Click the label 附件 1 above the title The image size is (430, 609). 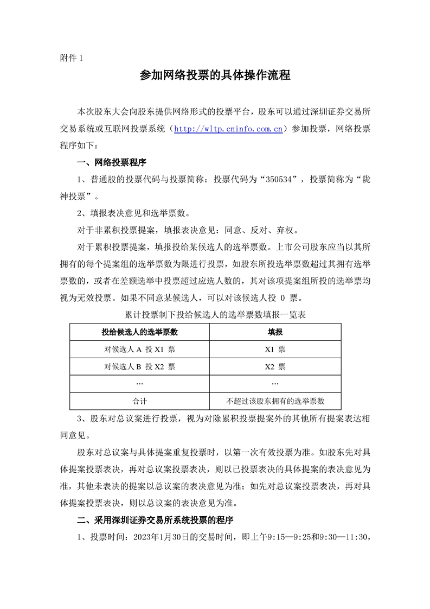tap(70, 59)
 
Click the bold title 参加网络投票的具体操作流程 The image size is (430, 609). tap(215, 75)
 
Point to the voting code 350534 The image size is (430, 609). tap(277, 179)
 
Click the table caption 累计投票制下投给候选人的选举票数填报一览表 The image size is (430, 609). tap(215, 314)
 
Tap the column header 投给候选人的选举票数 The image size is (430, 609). tap(139, 332)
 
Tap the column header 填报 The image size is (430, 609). tap(275, 332)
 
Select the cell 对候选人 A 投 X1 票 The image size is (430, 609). tap(139, 349)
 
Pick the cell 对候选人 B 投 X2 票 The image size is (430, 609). tap(139, 366)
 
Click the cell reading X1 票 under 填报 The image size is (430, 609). tap(275, 349)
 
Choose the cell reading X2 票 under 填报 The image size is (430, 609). tap(275, 366)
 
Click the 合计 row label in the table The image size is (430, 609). tap(139, 401)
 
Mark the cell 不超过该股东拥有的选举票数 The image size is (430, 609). tap(275, 401)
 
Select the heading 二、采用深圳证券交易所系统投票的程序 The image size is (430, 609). tap(155, 521)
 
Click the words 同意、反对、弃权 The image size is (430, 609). tap(274, 230)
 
